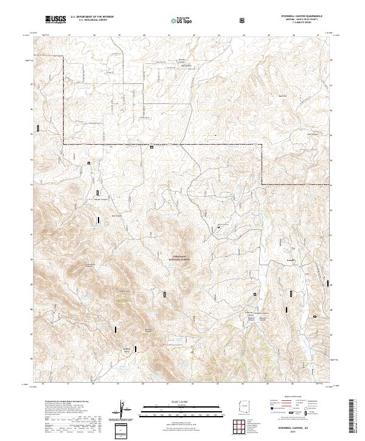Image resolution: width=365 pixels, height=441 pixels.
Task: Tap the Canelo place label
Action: coord(291,259)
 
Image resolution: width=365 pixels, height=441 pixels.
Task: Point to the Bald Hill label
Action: coord(282,97)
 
